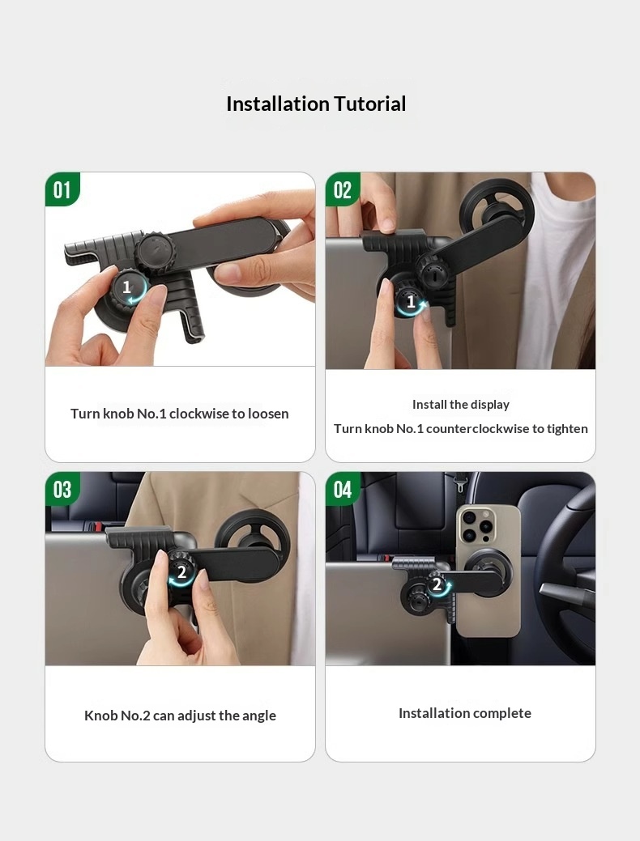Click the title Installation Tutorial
[316, 104]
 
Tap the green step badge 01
[62, 189]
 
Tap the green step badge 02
[343, 189]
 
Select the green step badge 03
[62, 489]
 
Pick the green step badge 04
[343, 489]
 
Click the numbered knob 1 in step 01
[130, 288]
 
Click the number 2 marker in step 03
[181, 573]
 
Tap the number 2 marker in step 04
[437, 584]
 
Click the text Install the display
[461, 405]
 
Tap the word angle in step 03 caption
[258, 716]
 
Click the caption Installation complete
[465, 713]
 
